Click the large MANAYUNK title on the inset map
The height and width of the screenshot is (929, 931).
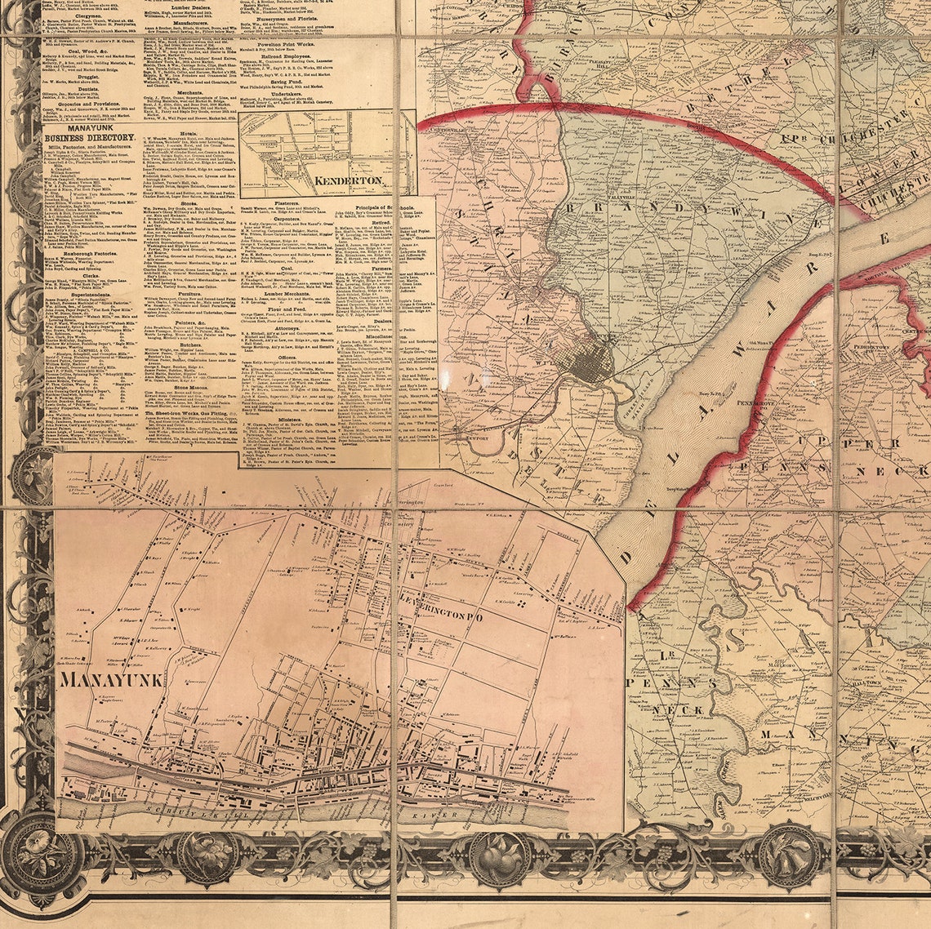[x=112, y=678]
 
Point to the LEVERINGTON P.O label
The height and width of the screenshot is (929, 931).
[x=440, y=618]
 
